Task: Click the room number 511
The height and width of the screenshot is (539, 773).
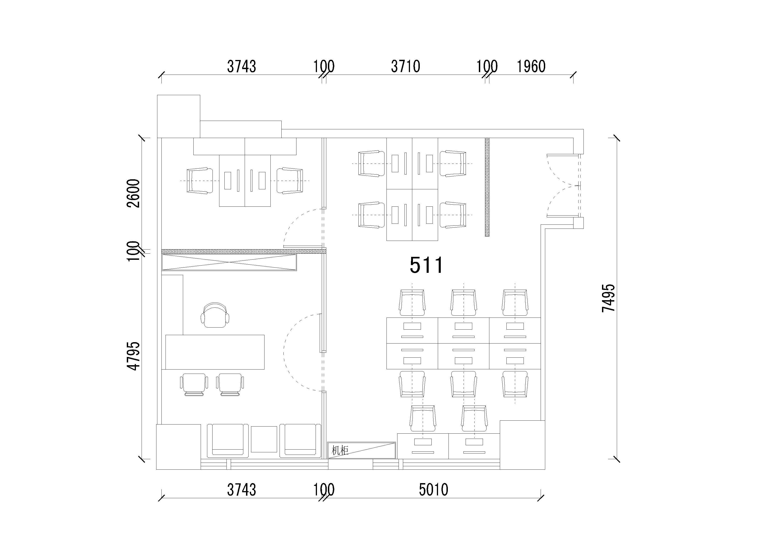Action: click(x=426, y=265)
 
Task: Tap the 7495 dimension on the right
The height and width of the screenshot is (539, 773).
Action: click(x=609, y=298)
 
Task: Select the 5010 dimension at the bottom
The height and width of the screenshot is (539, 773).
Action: click(x=434, y=490)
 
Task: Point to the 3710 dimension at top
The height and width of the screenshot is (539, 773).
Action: click(x=406, y=66)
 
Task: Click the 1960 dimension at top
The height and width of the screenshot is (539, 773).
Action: click(x=531, y=66)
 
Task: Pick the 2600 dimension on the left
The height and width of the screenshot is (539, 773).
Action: click(x=134, y=193)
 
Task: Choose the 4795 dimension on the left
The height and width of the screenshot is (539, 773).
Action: click(x=134, y=356)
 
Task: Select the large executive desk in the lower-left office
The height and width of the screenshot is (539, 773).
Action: click(x=215, y=352)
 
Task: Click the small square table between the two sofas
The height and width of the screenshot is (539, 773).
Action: click(x=264, y=439)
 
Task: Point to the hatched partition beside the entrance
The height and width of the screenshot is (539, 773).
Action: click(x=487, y=187)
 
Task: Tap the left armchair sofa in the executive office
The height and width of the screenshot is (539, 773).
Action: click(x=225, y=441)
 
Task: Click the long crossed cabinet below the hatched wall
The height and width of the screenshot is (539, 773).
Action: click(x=229, y=262)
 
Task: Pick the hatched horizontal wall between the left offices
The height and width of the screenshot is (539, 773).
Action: click(x=244, y=251)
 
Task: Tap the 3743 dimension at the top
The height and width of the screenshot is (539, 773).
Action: click(x=241, y=66)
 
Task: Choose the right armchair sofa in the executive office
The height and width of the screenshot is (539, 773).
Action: click(x=300, y=441)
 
